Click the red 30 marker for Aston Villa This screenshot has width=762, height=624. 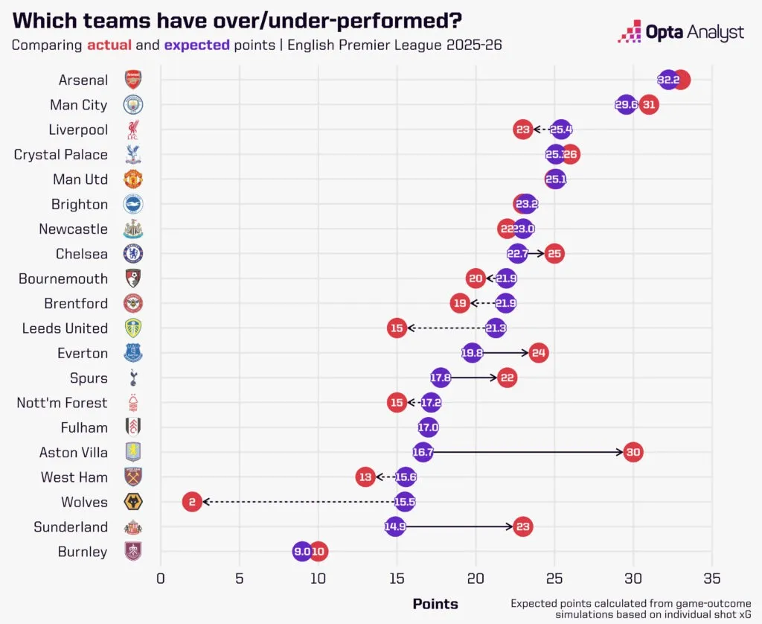tap(633, 452)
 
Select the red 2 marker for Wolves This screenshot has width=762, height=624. tap(192, 502)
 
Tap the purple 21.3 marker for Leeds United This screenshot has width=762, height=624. tap(496, 328)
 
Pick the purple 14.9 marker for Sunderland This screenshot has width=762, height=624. tap(395, 527)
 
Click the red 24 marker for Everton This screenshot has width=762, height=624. tap(539, 353)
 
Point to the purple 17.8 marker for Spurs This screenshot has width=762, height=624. tap(441, 378)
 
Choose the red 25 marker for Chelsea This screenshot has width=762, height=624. tap(554, 254)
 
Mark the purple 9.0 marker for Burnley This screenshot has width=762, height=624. tap(302, 552)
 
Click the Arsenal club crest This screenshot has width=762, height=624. tap(133, 80)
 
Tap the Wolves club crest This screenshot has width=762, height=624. tap(133, 502)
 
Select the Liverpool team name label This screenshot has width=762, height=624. tap(78, 130)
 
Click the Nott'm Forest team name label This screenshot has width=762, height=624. tap(62, 403)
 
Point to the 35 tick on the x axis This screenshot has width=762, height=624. tap(712, 579)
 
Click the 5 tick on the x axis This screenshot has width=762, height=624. tap(239, 579)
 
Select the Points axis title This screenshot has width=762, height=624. tap(435, 604)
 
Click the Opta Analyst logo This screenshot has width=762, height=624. tap(681, 33)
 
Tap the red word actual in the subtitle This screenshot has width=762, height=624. tap(109, 45)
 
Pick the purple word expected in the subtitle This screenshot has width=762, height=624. tap(196, 45)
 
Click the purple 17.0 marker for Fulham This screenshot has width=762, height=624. tap(428, 427)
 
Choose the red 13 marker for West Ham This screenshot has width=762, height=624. tap(365, 477)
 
